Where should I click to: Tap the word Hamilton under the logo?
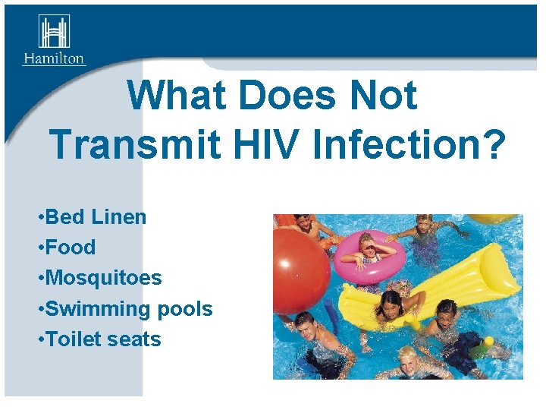point(54,58)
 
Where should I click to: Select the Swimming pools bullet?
point(124,309)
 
